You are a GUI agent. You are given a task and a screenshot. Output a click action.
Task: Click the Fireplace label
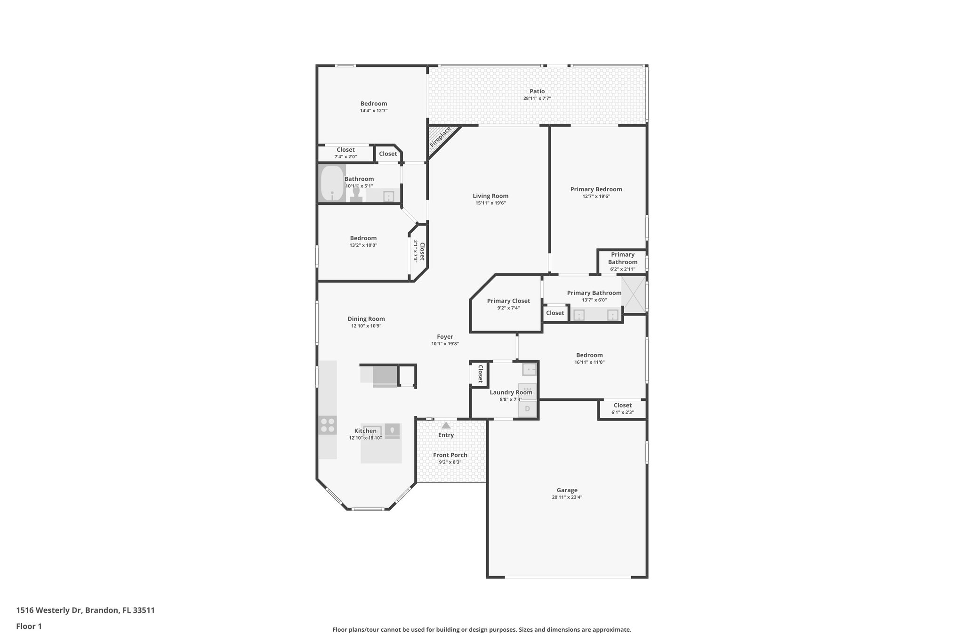441,137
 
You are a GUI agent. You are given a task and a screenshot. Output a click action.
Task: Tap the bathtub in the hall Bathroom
332,183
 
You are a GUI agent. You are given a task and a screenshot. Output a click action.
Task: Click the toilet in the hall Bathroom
356,195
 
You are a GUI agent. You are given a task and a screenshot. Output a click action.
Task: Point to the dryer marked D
527,409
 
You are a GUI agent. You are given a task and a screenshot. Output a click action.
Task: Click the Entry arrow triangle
446,425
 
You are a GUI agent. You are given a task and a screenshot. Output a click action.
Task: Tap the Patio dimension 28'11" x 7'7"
537,98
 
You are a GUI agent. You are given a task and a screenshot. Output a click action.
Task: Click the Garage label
567,490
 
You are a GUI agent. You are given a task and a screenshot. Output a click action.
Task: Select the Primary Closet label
508,301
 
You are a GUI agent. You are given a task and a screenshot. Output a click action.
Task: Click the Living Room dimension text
490,203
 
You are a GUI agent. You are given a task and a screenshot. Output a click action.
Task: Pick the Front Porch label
450,455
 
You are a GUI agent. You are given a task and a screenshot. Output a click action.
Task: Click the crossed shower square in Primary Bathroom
634,294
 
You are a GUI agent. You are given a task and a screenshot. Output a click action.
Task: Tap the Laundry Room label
511,392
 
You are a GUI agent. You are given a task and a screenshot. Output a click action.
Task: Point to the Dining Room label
366,318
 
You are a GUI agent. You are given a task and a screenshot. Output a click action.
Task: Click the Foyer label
445,336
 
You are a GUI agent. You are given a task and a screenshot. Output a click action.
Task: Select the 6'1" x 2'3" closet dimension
622,412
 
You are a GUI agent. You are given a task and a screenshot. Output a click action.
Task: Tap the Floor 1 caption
29,626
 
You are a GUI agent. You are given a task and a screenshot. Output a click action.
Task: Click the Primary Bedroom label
596,189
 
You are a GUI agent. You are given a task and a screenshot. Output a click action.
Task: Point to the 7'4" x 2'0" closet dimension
345,157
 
